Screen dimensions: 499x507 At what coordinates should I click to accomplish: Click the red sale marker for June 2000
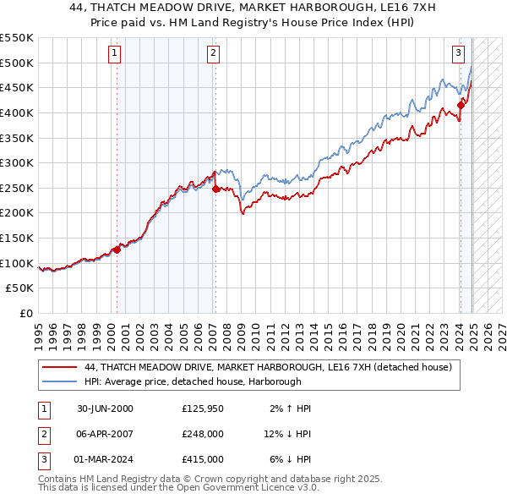click(117, 249)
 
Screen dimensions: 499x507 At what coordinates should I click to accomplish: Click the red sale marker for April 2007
click(215, 189)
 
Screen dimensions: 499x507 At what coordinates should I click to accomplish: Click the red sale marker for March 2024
click(461, 105)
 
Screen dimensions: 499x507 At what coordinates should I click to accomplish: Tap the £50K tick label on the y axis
click(20, 288)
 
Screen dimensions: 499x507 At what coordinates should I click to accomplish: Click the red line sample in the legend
click(60, 368)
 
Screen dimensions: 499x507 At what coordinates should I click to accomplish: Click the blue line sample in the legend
click(60, 381)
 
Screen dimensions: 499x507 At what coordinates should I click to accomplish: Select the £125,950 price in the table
click(202, 409)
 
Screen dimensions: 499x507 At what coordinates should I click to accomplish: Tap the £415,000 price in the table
click(202, 459)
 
